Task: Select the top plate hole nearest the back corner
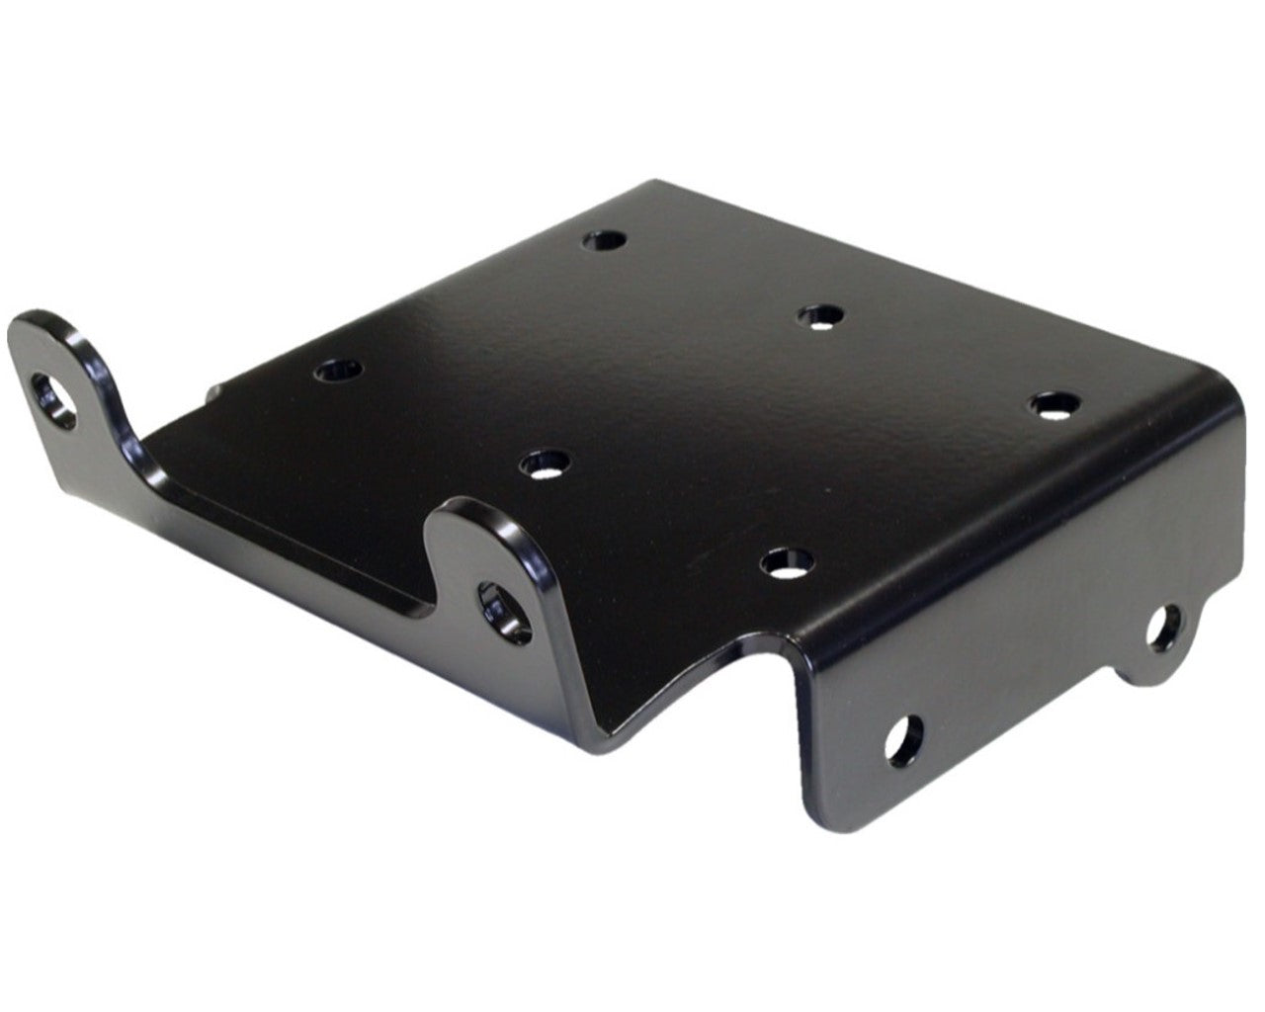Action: [604, 240]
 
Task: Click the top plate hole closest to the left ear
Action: [338, 372]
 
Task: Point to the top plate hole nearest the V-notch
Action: [787, 563]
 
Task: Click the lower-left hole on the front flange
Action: [903, 737]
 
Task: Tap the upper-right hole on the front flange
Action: [1163, 629]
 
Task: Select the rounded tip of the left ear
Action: [40, 326]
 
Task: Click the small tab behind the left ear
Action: [211, 393]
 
